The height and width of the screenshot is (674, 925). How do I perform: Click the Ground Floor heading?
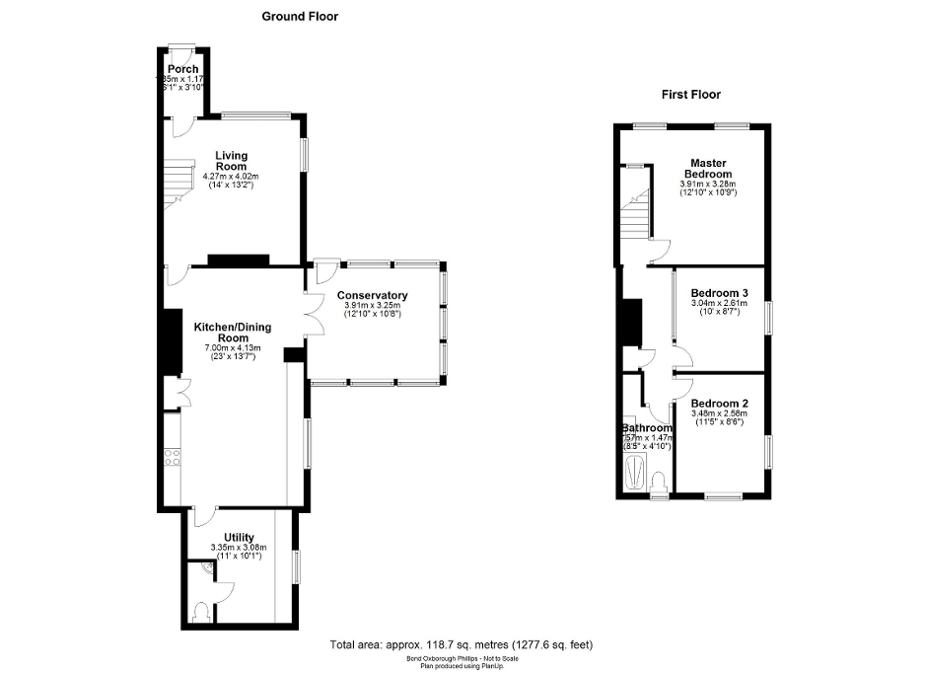point(300,16)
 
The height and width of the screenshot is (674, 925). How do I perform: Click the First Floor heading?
point(690,95)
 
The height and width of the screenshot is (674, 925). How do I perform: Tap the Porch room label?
point(182,69)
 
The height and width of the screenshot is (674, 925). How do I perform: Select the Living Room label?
point(232,161)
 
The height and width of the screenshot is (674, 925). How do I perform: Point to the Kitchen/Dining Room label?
point(233,333)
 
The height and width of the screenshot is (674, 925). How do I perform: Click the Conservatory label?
point(372,296)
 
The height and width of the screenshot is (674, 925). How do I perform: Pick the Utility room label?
point(239,537)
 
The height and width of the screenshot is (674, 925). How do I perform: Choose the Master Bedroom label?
point(708,168)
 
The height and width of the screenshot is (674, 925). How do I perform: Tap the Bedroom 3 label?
point(719,293)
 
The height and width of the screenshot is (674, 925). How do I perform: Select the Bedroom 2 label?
point(719,403)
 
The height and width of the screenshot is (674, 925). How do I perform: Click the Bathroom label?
point(647,428)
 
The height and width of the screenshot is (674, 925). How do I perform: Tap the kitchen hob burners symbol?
point(172,456)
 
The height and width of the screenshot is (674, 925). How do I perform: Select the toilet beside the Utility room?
point(203,613)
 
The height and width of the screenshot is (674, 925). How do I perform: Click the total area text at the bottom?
point(462,644)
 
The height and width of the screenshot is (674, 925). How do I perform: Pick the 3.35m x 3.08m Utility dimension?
point(239,548)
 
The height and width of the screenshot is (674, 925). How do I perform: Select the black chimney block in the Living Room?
point(238,261)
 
